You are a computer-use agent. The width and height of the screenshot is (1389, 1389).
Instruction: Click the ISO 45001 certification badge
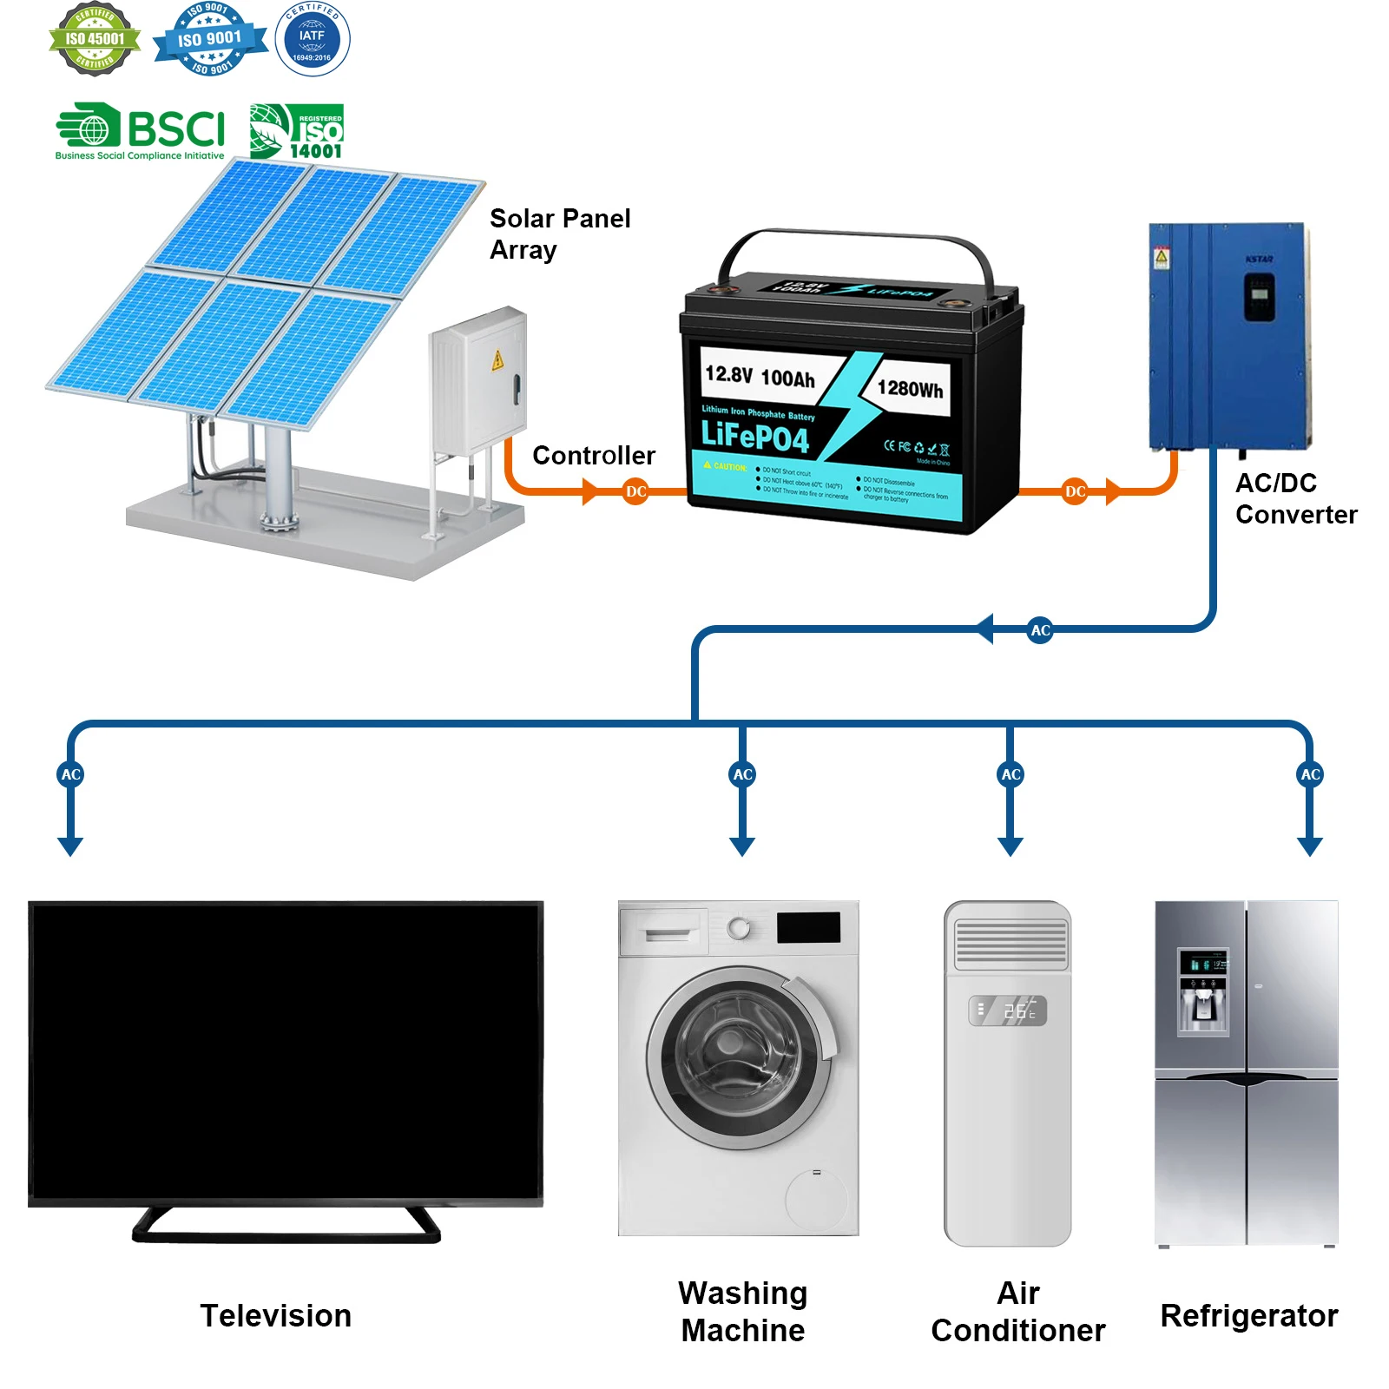point(95,39)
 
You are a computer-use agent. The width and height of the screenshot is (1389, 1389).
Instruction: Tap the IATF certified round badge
point(313,39)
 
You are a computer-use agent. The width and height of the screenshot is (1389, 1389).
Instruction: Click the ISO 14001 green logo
point(297,132)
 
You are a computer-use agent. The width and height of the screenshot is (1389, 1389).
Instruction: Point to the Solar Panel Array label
point(559,234)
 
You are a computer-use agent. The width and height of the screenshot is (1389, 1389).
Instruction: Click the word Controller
point(594,456)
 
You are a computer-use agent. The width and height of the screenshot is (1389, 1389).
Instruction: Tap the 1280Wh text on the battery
point(910,389)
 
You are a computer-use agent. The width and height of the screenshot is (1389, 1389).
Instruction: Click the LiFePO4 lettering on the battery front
point(754,437)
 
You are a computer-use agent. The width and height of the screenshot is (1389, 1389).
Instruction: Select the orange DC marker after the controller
point(636,492)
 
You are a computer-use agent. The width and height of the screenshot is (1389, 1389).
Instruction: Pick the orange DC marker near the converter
point(1076,492)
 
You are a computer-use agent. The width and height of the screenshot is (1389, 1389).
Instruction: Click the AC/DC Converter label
point(1295,498)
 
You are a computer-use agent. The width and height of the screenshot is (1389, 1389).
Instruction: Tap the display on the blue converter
point(1260,296)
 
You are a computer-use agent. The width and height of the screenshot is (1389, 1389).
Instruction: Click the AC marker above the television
point(71,774)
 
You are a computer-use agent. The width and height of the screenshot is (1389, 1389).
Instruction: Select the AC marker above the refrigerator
point(1310,774)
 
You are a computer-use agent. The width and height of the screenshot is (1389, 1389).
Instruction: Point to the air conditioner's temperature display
point(1008,1010)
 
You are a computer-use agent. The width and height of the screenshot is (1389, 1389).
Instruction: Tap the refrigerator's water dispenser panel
point(1203,992)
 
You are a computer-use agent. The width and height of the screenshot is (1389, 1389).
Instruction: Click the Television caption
point(276,1316)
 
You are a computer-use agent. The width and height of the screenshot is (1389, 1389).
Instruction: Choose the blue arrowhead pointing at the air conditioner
point(1010,846)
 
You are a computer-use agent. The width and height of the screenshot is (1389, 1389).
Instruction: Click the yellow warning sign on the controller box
point(497,360)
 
